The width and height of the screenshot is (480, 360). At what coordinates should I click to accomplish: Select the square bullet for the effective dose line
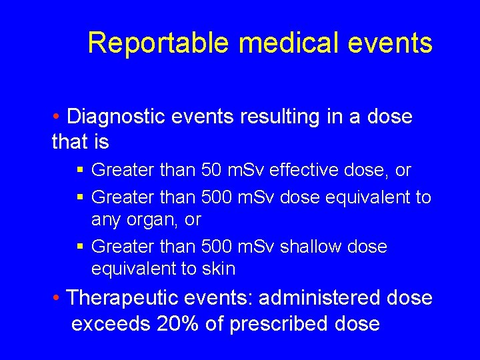pyautogui.click(x=80, y=171)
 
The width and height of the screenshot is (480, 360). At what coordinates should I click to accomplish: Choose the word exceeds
pyautogui.click(x=111, y=325)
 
